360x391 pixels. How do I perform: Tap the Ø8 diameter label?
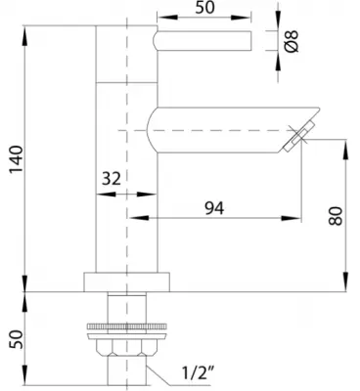[x=292, y=41]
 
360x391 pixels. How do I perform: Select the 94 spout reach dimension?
[x=214, y=208]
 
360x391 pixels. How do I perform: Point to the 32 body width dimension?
[x=112, y=178]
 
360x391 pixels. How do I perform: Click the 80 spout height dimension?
[x=336, y=216]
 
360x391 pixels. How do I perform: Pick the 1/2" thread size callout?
[x=199, y=372]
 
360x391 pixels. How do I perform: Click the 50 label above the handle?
[x=204, y=8]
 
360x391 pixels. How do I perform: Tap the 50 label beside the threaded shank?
[x=17, y=339]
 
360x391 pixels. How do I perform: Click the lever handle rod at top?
[x=202, y=41]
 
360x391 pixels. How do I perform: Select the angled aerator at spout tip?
[x=299, y=136]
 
